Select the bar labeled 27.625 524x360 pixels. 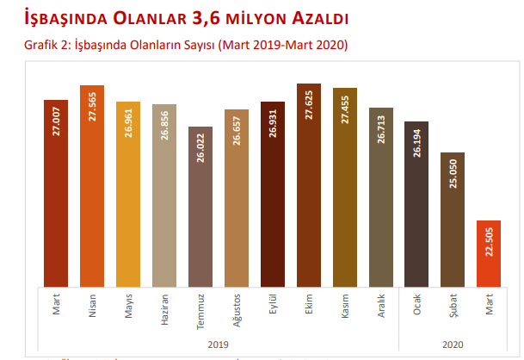pyautogui.click(x=308, y=185)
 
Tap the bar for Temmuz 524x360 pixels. pyautogui.click(x=200, y=207)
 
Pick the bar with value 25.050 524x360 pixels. pyautogui.click(x=453, y=220)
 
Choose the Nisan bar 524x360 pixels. pyautogui.click(x=91, y=185)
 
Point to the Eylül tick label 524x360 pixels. pyautogui.click(x=272, y=304)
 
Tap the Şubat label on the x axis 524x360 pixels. pyautogui.click(x=453, y=305)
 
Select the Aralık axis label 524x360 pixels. pyautogui.click(x=380, y=306)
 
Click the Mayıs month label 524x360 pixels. pyautogui.click(x=127, y=306)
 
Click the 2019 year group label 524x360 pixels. pyautogui.click(x=218, y=344)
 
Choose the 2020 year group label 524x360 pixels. pyautogui.click(x=453, y=344)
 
